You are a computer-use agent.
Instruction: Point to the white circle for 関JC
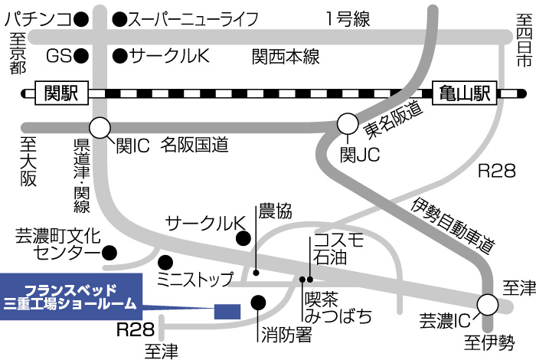click(347, 123)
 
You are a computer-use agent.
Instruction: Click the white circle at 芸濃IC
click(486, 305)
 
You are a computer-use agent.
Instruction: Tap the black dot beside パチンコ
click(83, 18)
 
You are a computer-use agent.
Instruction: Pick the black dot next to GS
click(83, 56)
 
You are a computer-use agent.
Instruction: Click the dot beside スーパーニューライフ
click(119, 18)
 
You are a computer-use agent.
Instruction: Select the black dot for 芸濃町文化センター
click(110, 251)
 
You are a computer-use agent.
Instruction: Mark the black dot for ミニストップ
click(164, 260)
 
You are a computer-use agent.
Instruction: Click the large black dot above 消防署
click(259, 301)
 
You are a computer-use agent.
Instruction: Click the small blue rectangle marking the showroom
click(227, 311)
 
